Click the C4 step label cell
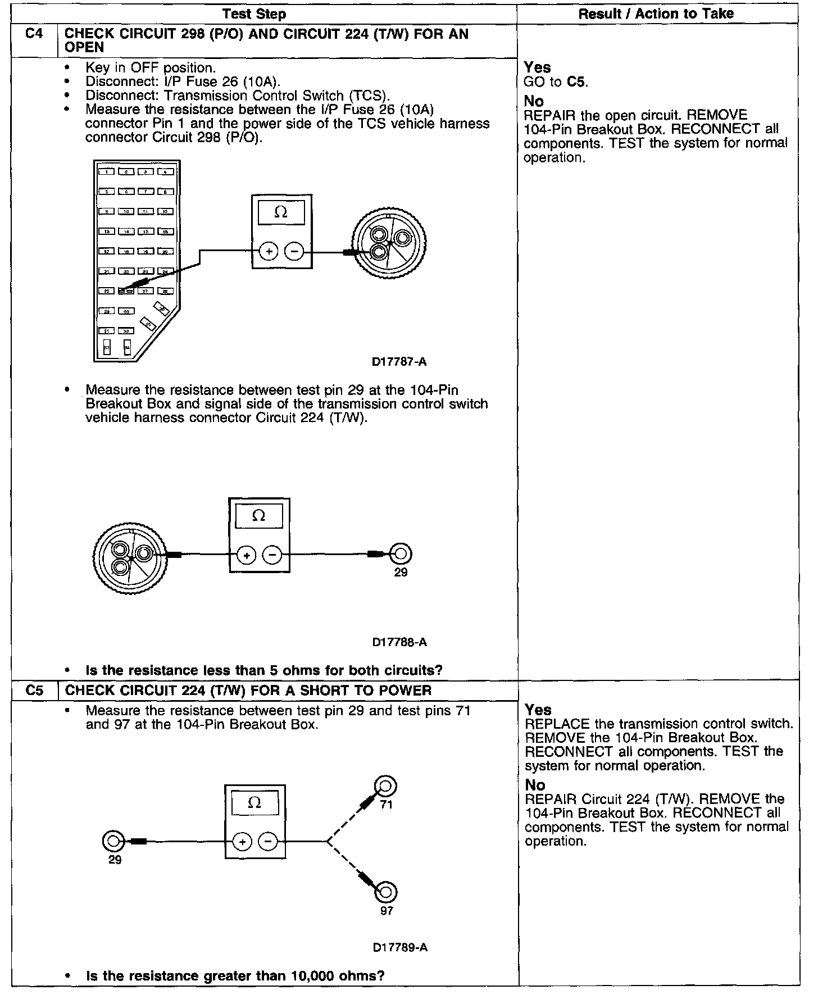34,34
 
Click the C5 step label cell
34,690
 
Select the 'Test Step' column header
254,14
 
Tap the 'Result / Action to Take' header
656,14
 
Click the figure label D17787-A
399,362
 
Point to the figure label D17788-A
399,642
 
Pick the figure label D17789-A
400,947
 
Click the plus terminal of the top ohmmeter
269,251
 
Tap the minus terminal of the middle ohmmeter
272,555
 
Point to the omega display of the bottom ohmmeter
255,803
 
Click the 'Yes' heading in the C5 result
538,710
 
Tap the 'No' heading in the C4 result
534,101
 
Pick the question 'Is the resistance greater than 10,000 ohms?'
235,975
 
